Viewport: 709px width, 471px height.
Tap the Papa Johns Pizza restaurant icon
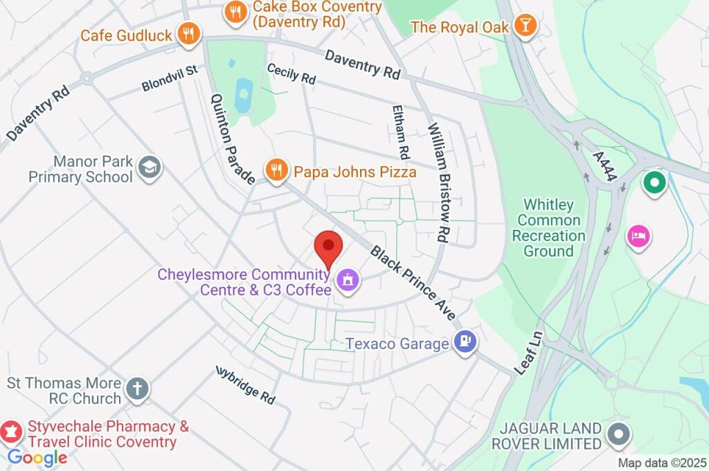(x=276, y=170)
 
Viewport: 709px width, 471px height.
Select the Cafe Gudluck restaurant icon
(x=188, y=33)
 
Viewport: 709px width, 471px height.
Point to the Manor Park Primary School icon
(x=149, y=167)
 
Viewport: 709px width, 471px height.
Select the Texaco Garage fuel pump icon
(x=465, y=341)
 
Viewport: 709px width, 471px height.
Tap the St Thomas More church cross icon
(x=137, y=389)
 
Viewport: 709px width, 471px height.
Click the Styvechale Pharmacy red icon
(x=11, y=432)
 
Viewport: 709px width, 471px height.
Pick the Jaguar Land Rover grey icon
(x=617, y=434)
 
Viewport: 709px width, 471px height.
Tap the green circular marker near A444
(x=653, y=184)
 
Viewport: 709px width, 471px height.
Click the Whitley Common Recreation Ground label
(x=548, y=228)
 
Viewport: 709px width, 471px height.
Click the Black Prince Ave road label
(x=413, y=283)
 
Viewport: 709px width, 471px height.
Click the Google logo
(x=37, y=457)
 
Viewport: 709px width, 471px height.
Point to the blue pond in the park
(x=243, y=95)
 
